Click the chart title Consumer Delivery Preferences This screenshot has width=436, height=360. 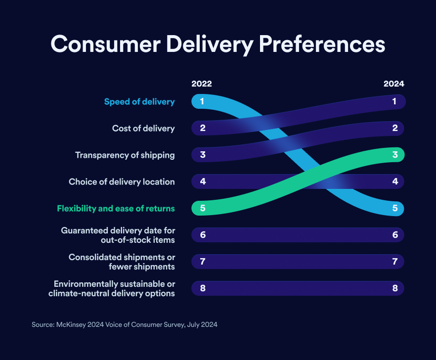click(x=218, y=44)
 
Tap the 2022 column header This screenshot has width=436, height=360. click(x=201, y=84)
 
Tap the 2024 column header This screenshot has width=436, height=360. click(x=394, y=84)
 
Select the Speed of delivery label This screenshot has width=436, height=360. click(x=139, y=102)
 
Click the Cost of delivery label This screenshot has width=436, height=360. click(x=143, y=129)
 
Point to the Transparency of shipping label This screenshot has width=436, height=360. click(x=125, y=155)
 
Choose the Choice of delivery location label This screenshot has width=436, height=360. click(x=122, y=182)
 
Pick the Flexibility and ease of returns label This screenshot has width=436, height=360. click(x=116, y=209)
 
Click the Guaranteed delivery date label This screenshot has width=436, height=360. click(x=118, y=235)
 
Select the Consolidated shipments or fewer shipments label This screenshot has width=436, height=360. click(x=122, y=262)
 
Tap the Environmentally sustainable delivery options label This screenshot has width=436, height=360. click(x=112, y=288)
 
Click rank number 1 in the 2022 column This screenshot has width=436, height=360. click(x=203, y=102)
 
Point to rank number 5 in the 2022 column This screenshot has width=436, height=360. click(x=203, y=209)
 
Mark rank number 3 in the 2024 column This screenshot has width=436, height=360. click(x=395, y=155)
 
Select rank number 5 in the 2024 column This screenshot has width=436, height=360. click(x=395, y=209)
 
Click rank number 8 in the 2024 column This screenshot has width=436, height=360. click(x=395, y=288)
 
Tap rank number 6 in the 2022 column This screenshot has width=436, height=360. click(x=203, y=235)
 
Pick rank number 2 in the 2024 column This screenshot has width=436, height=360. click(x=395, y=129)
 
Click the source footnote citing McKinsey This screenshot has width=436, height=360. click(x=125, y=325)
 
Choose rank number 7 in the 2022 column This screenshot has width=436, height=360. click(x=203, y=262)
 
